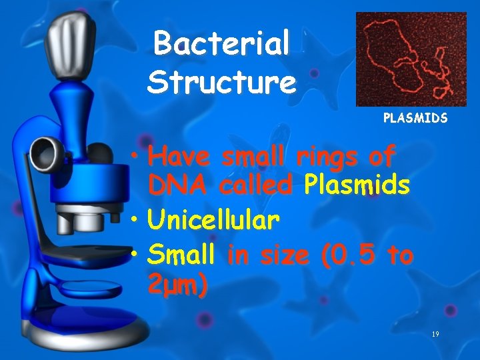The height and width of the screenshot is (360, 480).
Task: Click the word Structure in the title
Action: pos(221,83)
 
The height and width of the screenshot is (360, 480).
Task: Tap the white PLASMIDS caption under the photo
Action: pos(415,118)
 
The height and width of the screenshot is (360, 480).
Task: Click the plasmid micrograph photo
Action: pos(411,59)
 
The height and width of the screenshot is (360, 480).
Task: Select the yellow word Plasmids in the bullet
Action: pos(356,185)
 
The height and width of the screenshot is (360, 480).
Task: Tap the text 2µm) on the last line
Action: pos(177,286)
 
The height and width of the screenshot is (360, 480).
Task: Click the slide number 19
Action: pos(435,333)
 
